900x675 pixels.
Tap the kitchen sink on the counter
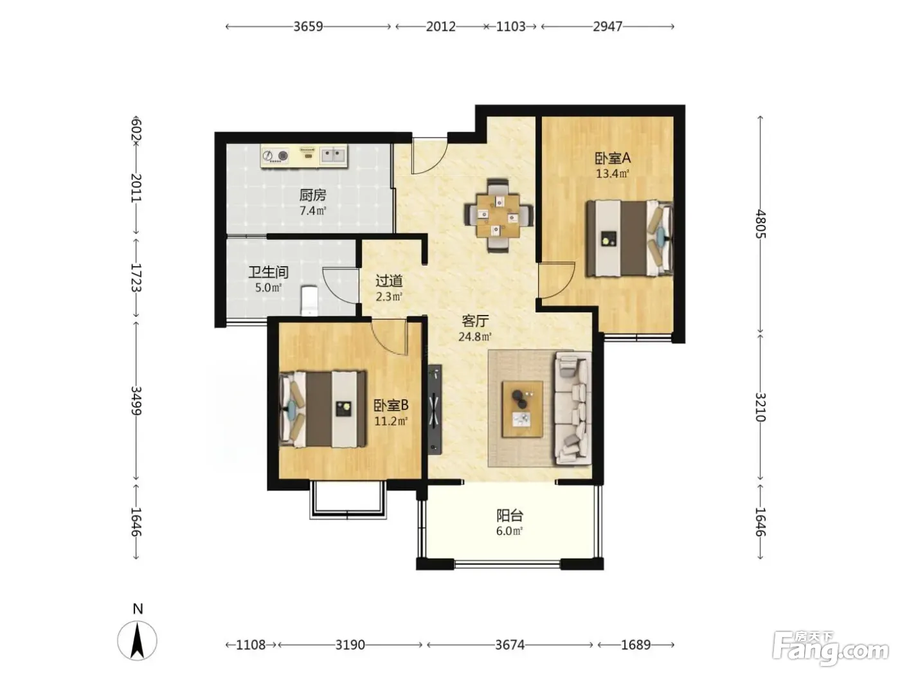click(x=332, y=156)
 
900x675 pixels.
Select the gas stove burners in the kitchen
click(x=275, y=156)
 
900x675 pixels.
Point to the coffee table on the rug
click(x=523, y=409)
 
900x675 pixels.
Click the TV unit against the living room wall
click(x=435, y=410)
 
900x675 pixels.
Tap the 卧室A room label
click(x=613, y=157)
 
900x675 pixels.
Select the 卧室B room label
click(x=391, y=406)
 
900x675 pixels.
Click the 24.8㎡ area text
click(x=475, y=337)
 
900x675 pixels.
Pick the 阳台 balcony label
click(x=510, y=515)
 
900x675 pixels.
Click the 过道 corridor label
click(x=389, y=281)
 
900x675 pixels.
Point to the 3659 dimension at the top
click(x=309, y=26)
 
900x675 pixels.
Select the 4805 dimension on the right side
click(x=760, y=224)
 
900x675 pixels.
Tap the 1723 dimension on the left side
click(x=136, y=278)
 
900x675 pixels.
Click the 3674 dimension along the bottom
click(x=510, y=645)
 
